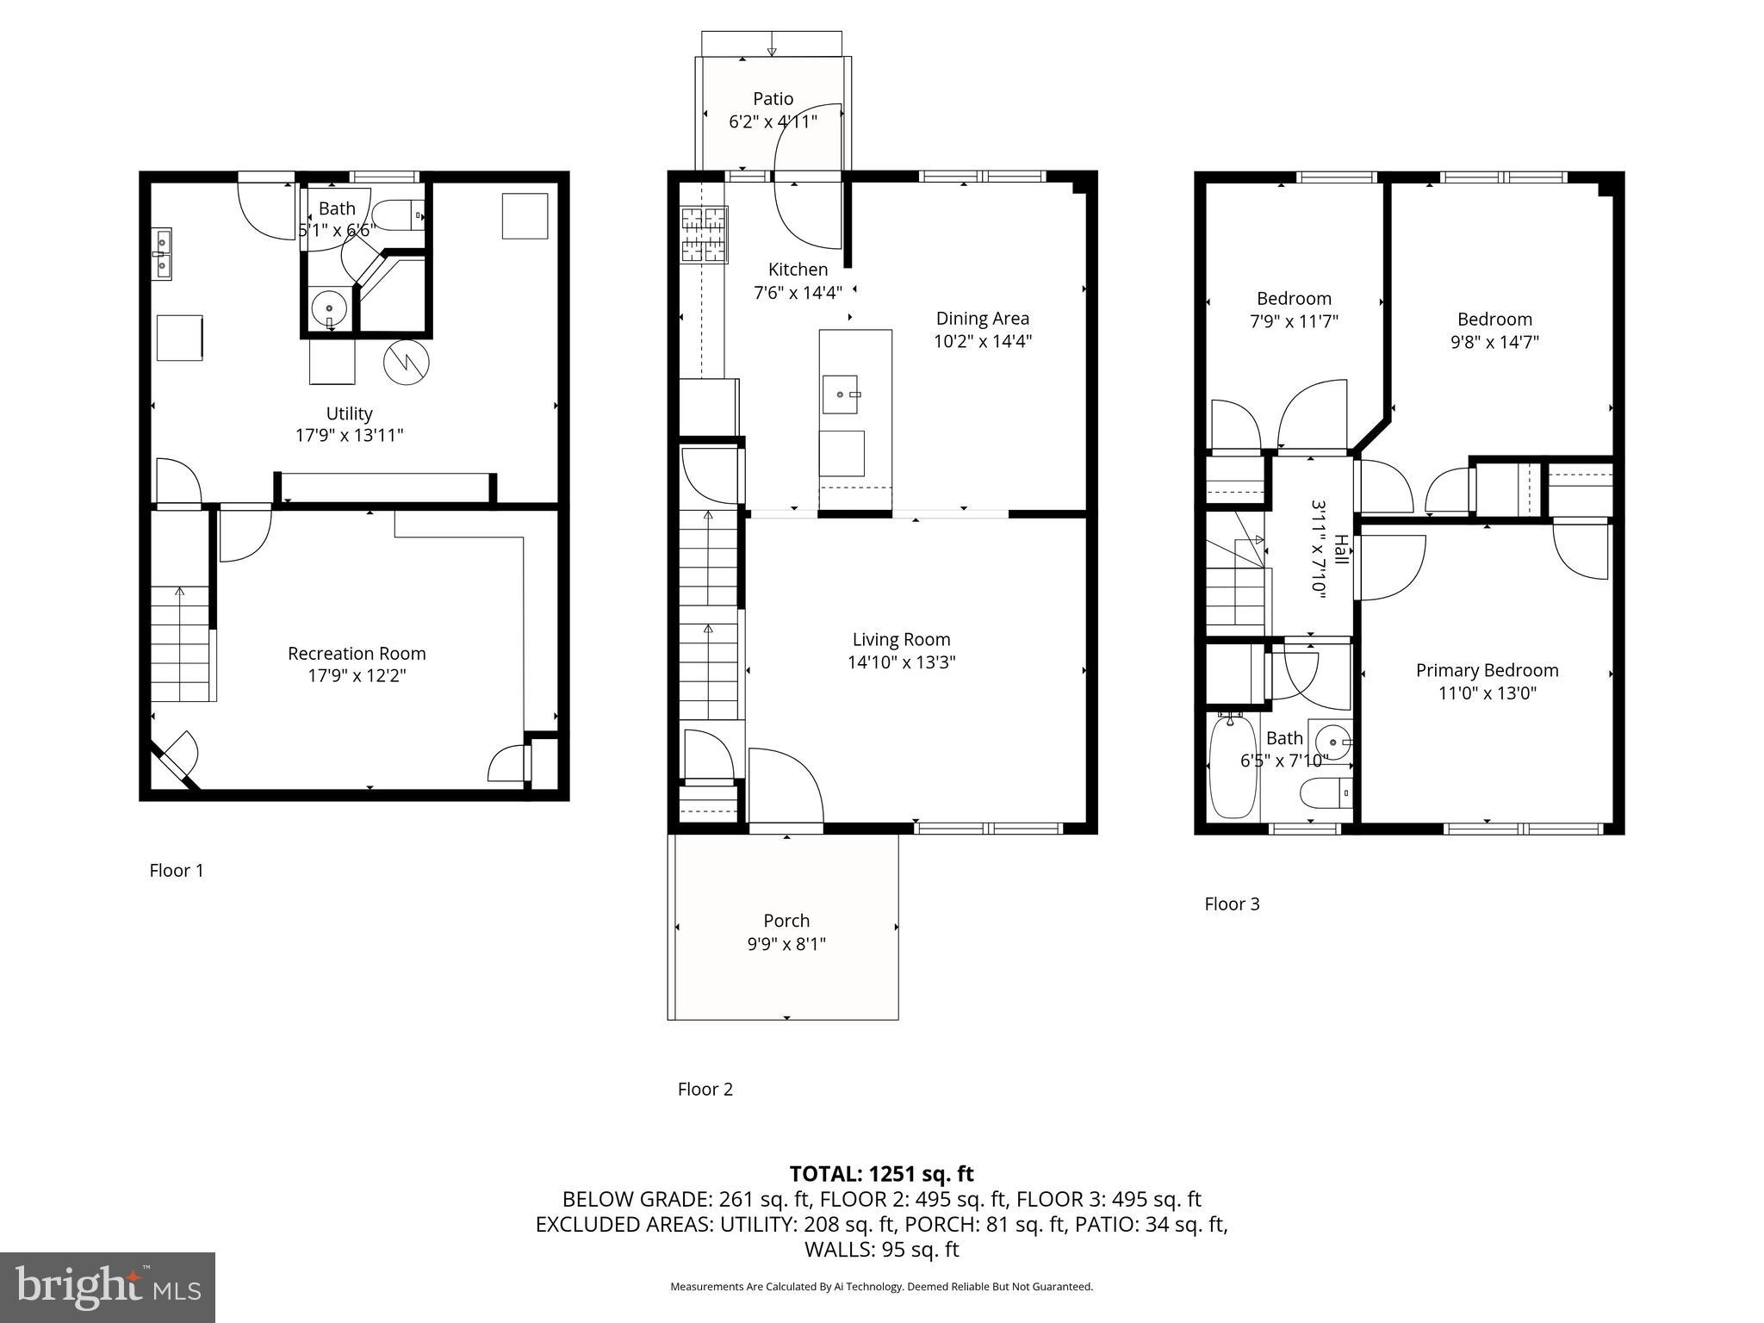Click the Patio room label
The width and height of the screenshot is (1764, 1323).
click(x=773, y=99)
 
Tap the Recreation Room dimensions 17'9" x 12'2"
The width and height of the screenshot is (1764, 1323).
click(x=357, y=676)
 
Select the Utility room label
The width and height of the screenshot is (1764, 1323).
click(x=349, y=413)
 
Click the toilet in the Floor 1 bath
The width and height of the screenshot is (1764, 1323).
click(x=401, y=215)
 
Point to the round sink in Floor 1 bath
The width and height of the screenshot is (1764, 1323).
click(x=328, y=306)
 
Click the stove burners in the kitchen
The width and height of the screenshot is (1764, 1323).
click(x=705, y=234)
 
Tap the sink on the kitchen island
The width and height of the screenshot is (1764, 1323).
click(x=840, y=394)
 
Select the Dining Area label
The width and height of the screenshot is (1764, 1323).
click(x=982, y=319)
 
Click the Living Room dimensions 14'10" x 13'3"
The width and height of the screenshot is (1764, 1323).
click(x=901, y=662)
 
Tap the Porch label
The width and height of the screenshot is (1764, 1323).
click(x=786, y=921)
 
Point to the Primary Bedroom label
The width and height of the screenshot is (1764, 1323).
click(x=1487, y=670)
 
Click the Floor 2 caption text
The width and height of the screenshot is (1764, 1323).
click(x=705, y=1089)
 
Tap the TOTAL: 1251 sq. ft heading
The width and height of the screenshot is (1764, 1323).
click(x=881, y=1173)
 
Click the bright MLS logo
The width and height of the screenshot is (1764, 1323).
click(x=108, y=1287)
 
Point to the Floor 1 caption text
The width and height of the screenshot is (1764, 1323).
click(x=177, y=870)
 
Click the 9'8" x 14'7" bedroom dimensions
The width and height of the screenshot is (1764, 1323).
click(x=1494, y=342)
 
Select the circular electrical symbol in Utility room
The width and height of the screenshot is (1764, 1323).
click(x=407, y=363)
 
